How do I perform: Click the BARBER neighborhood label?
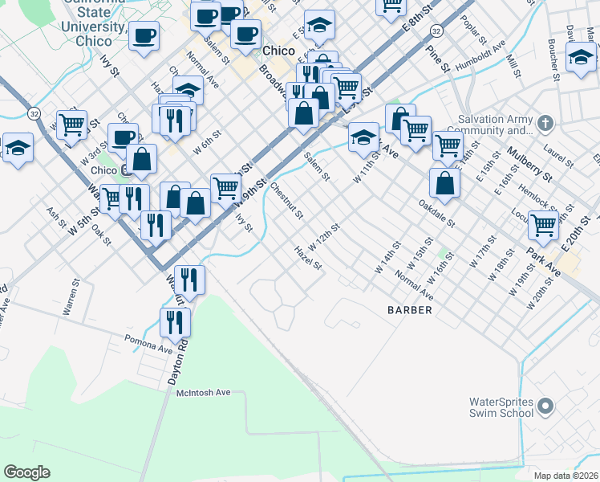[410, 309]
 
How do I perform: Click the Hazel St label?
[308, 259]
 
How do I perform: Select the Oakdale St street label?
[436, 214]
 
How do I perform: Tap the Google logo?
[27, 472]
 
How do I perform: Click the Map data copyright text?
[566, 476]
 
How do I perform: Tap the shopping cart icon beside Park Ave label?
[544, 226]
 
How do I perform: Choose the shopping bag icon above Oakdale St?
[444, 183]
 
